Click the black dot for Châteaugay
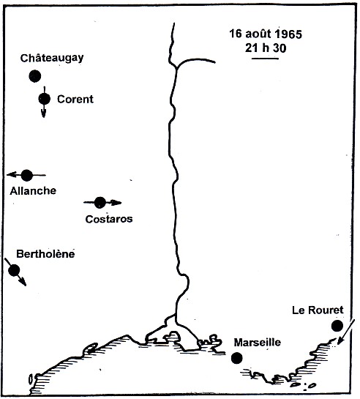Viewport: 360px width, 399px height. point(34,75)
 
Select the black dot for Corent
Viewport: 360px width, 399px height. point(44,99)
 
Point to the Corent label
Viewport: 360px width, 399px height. point(75,99)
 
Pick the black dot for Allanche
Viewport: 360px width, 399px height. point(27,175)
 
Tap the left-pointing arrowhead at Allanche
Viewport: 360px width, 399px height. point(10,175)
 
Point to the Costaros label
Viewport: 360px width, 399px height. point(109,218)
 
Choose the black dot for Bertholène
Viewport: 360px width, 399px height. point(13,270)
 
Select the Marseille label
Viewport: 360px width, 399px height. point(257,342)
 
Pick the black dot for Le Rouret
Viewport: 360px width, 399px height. point(337,326)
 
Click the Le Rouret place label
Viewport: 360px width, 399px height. point(318,310)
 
